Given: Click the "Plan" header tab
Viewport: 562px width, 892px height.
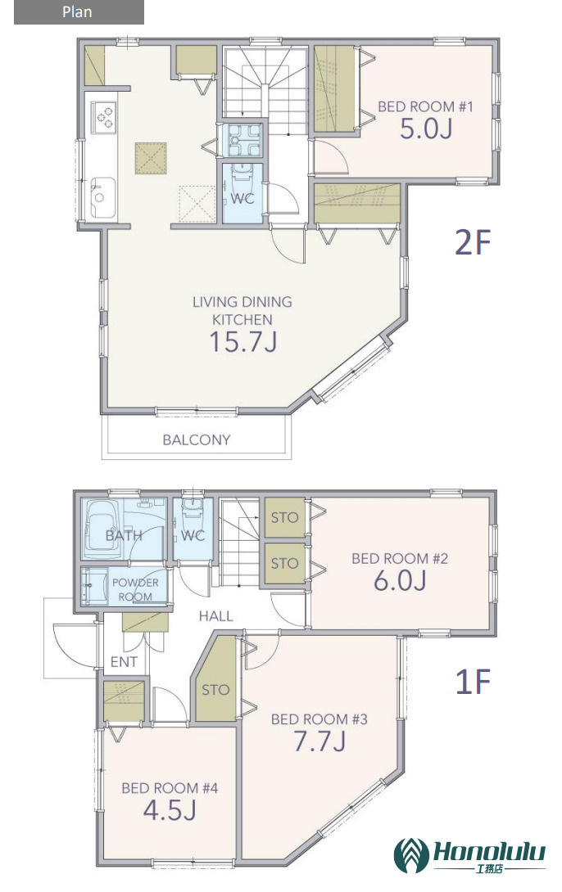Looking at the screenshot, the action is pos(79,12).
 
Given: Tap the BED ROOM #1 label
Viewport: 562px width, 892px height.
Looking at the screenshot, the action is pos(425,106).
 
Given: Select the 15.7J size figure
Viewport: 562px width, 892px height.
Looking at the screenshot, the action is pos(243,342).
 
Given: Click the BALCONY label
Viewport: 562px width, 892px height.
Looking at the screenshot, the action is pos(197,439).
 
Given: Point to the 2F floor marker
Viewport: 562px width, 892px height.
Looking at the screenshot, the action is pos(473,242).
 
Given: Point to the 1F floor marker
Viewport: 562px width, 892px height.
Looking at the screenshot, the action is pos(473,682).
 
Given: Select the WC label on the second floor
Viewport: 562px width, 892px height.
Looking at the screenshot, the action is pos(242,199).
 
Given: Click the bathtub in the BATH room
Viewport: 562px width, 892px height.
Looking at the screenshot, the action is pos(102,530).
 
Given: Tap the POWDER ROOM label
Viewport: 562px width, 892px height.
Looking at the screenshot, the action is pos(135,589).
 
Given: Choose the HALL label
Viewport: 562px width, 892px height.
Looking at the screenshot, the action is pos(215,615).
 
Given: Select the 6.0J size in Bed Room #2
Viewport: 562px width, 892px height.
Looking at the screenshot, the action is pos(400,581).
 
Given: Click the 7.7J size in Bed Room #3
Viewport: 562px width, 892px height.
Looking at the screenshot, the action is pos(320,741).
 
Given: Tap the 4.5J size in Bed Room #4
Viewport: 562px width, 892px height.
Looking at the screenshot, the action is pos(170,810).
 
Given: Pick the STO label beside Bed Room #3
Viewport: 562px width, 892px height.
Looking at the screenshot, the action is pos(215,690).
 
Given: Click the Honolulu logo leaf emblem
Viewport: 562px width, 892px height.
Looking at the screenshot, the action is pos(412,856).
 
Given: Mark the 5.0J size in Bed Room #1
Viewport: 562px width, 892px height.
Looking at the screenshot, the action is pos(426,128).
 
